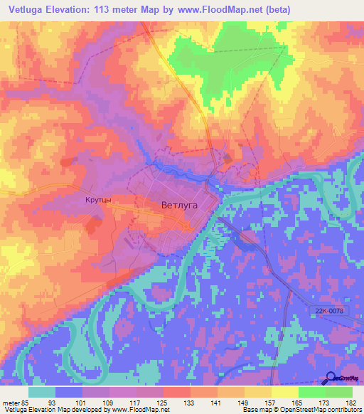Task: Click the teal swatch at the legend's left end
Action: pos(41,392)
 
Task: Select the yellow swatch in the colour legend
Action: pos(284,392)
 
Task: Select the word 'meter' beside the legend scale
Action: pos(12,403)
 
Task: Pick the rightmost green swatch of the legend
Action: pos(339,392)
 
